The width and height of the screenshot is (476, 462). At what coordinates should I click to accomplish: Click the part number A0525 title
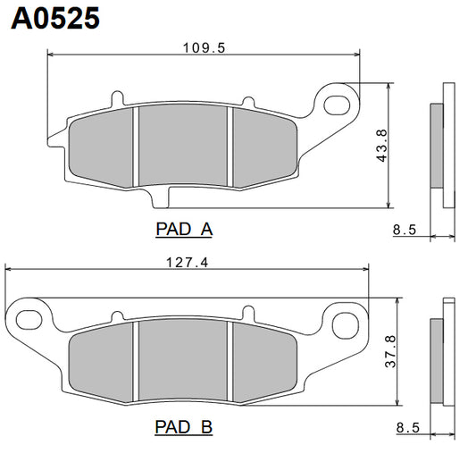coord(54,19)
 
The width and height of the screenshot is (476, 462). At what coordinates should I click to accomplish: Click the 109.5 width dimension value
coord(202,48)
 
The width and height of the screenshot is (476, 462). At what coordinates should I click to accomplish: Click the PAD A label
coord(183,230)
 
